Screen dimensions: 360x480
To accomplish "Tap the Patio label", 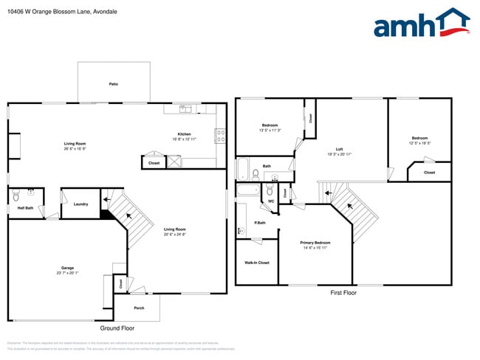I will (114, 84).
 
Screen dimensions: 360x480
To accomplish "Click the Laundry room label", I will (80, 204).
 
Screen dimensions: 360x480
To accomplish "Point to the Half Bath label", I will (24, 208).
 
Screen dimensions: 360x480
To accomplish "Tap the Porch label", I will (139, 308).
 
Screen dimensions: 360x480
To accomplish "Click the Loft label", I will (339, 149).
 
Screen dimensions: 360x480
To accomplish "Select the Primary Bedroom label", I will (315, 243).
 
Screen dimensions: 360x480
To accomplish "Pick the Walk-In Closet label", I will (256, 263).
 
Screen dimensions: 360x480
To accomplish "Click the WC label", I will (271, 201).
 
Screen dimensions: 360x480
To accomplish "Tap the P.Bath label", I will (260, 223).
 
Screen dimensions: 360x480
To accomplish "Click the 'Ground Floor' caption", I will (117, 328).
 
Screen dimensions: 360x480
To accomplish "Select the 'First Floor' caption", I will (343, 293).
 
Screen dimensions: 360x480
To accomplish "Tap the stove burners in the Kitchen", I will (220, 135).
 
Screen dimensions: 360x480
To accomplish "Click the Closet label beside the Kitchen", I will (154, 162).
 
